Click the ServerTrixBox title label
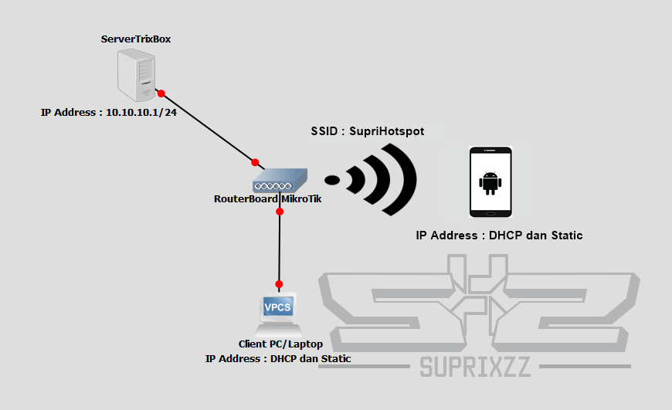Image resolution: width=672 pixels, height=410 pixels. coord(136,39)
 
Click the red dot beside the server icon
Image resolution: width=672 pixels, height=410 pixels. coord(161,94)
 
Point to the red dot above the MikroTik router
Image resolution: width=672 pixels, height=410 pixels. coord(255,162)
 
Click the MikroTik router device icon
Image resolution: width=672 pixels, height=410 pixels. coord(280,181)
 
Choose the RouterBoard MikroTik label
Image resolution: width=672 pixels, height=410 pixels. coord(267,198)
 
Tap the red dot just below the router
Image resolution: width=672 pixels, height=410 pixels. coord(280,212)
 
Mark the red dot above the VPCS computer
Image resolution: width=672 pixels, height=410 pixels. coord(280,284)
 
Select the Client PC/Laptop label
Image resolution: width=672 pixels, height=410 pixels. coord(280,344)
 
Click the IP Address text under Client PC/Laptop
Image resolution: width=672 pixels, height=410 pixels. coord(278,358)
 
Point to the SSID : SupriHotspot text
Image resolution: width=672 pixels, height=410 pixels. coord(367,131)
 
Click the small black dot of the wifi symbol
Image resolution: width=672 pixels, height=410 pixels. coord(332,180)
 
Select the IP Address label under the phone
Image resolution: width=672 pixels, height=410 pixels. coord(499,235)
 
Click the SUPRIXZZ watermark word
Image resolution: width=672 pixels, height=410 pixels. coord(476,367)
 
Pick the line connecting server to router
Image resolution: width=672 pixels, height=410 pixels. coord(209,128)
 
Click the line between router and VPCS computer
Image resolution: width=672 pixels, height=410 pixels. coord(280,247)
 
